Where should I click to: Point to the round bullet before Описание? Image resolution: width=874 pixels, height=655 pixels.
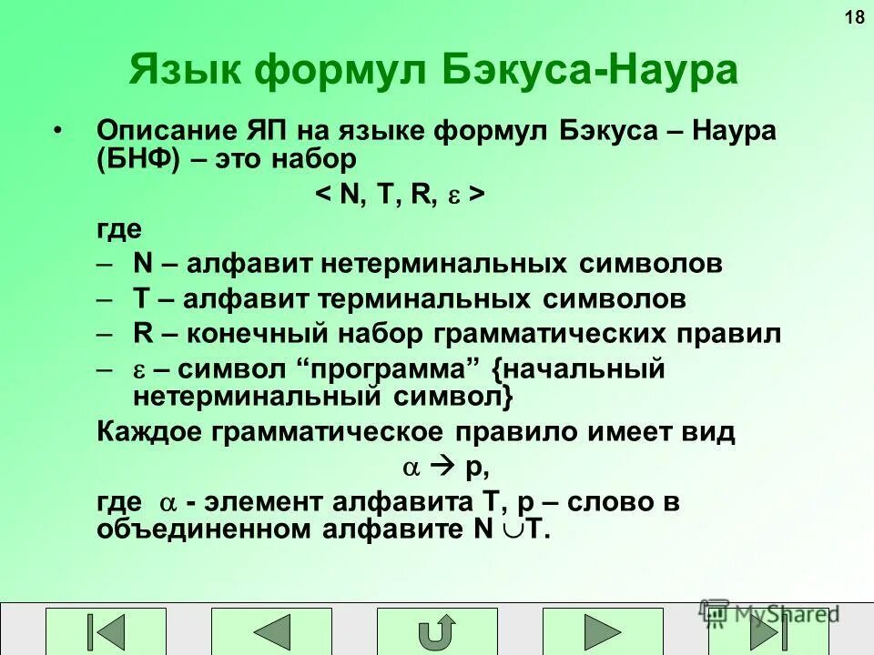click(x=59, y=130)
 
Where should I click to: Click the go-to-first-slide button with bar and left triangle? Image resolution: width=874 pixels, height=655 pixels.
click(x=107, y=631)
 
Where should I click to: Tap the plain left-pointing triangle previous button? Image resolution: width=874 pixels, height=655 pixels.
click(x=271, y=631)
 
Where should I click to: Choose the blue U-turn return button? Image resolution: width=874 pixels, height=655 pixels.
click(x=437, y=631)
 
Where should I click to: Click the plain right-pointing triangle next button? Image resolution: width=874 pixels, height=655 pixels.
click(x=603, y=631)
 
